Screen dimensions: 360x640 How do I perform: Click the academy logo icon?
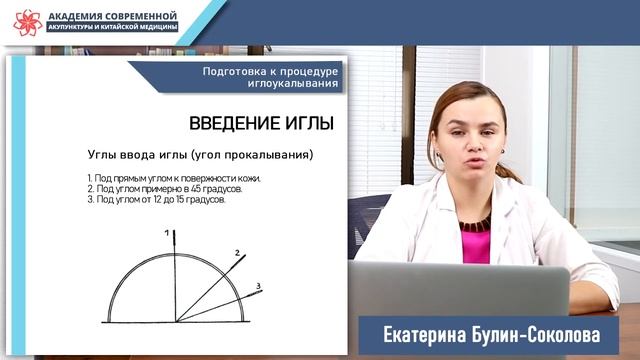coord(27,22)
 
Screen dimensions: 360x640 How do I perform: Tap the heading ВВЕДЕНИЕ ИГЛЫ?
coord(261,123)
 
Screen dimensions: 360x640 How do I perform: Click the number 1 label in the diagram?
coord(168,232)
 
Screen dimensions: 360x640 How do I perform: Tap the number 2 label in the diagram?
coord(238,253)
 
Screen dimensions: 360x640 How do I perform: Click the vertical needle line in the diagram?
coord(174,280)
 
